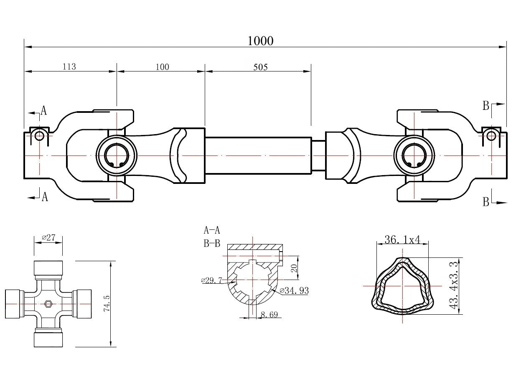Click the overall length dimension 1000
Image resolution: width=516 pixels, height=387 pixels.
pos(260,41)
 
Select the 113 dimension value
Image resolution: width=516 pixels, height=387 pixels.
pos(69,66)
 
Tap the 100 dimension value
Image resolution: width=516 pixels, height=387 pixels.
pos(162,66)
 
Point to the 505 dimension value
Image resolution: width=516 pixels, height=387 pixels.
pos(260,66)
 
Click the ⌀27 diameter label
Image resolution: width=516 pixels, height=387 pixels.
pos(48,238)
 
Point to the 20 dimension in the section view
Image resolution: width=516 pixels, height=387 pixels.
pos(294,268)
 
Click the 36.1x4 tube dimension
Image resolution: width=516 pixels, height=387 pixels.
pos(402,239)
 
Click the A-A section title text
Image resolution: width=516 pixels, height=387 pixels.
pos(212,229)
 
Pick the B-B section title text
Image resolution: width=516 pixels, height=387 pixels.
pos(212,243)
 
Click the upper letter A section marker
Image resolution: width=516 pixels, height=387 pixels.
pos(43,110)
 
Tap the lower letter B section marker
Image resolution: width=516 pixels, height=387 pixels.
pos(485,202)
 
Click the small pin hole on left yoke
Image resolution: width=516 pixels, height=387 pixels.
pos(39,135)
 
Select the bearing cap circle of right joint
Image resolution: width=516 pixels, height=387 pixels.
pos(413,156)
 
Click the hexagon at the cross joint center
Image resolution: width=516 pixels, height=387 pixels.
pos(48,304)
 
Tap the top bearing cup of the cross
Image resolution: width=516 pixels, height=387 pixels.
pos(48,267)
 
